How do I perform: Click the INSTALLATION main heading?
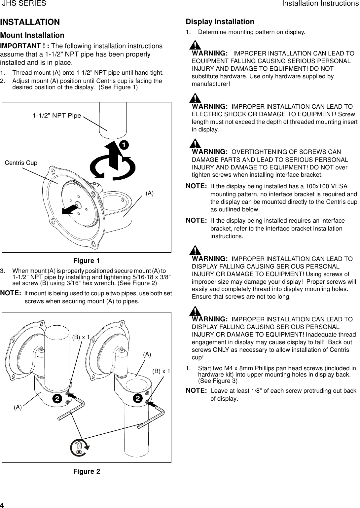click(30, 22)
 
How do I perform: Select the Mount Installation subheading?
click(32, 35)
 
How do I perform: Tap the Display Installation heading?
click(220, 22)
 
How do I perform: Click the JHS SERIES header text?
click(24, 4)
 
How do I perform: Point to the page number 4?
click(2, 505)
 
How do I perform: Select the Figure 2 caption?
click(87, 471)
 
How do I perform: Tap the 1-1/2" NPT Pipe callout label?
click(57, 116)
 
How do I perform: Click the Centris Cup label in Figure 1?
click(21, 163)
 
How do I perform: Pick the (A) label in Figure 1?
click(150, 193)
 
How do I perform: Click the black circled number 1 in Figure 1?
click(124, 145)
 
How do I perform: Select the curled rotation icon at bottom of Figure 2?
click(80, 448)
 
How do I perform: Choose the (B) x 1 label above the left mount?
click(81, 337)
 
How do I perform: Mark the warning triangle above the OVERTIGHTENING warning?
click(196, 143)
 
